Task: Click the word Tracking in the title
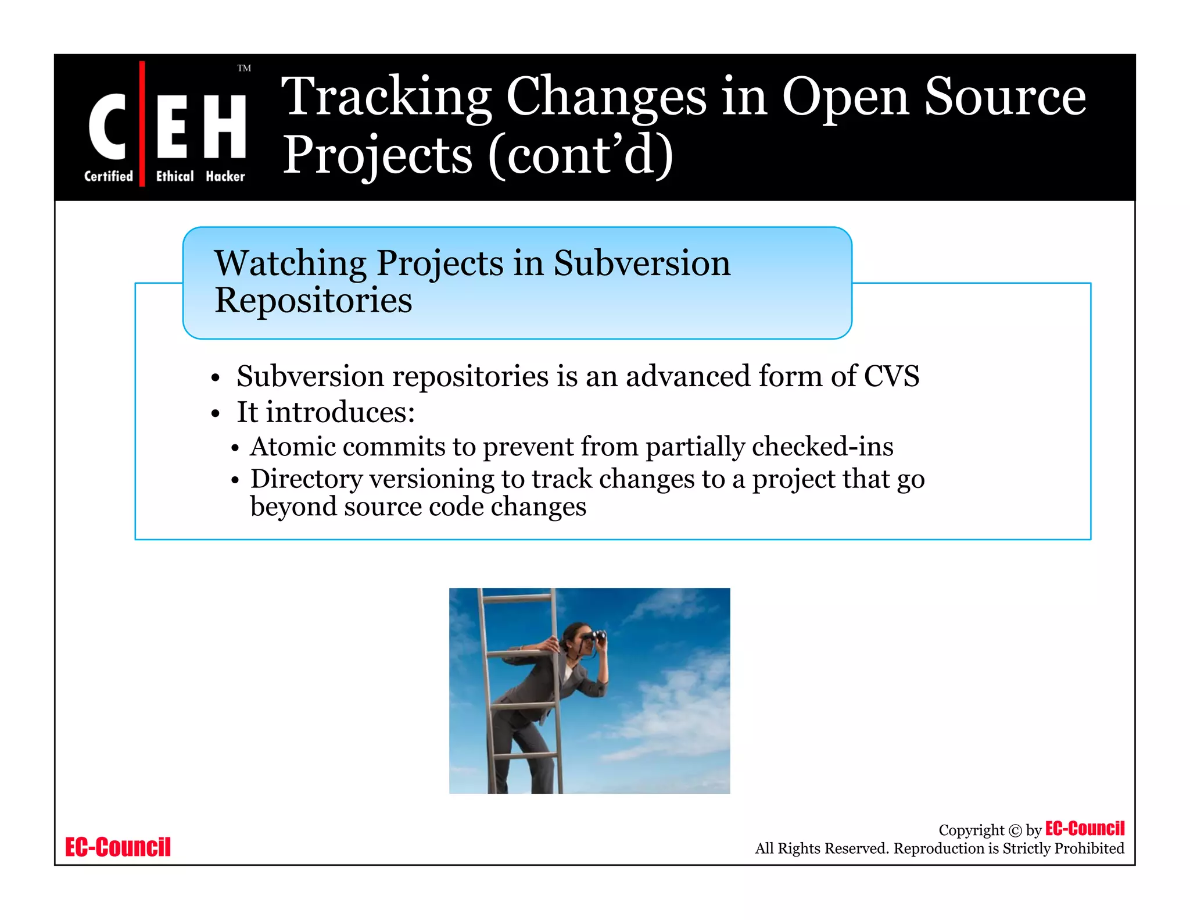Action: tap(386, 98)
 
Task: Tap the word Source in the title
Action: tap(1005, 98)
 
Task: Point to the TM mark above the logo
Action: tap(244, 69)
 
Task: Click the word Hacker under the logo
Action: tap(225, 176)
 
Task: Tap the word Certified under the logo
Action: tap(109, 176)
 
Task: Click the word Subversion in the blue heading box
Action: tap(641, 263)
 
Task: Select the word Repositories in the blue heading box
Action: tap(313, 301)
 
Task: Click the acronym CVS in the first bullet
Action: tap(891, 376)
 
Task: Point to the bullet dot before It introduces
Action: tap(216, 414)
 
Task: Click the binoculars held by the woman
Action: tap(596, 636)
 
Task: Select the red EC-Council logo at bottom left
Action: tap(118, 847)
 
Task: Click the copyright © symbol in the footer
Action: tap(1015, 830)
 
